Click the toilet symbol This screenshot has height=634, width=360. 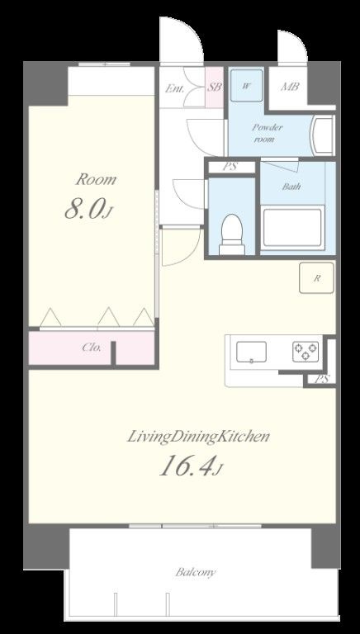[232, 234]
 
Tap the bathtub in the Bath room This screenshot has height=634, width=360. [293, 228]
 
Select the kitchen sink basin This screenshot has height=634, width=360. [251, 352]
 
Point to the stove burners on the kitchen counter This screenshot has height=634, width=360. [306, 352]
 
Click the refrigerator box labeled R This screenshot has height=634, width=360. [317, 277]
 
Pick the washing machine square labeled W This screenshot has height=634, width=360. [246, 85]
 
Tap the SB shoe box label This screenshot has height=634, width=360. [215, 87]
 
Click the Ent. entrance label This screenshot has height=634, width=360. [175, 88]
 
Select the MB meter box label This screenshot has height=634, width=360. [290, 86]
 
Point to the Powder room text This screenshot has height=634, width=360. [268, 133]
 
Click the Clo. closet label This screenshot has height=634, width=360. [92, 347]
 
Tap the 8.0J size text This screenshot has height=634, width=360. [88, 210]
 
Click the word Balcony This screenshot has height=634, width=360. [196, 572]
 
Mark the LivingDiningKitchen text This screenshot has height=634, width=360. [198, 437]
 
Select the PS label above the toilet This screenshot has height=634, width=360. [230, 167]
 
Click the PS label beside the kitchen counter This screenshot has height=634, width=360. [323, 379]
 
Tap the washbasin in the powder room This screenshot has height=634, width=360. [322, 135]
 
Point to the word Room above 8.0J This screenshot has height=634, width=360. [96, 179]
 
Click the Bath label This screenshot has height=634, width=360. [291, 187]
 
